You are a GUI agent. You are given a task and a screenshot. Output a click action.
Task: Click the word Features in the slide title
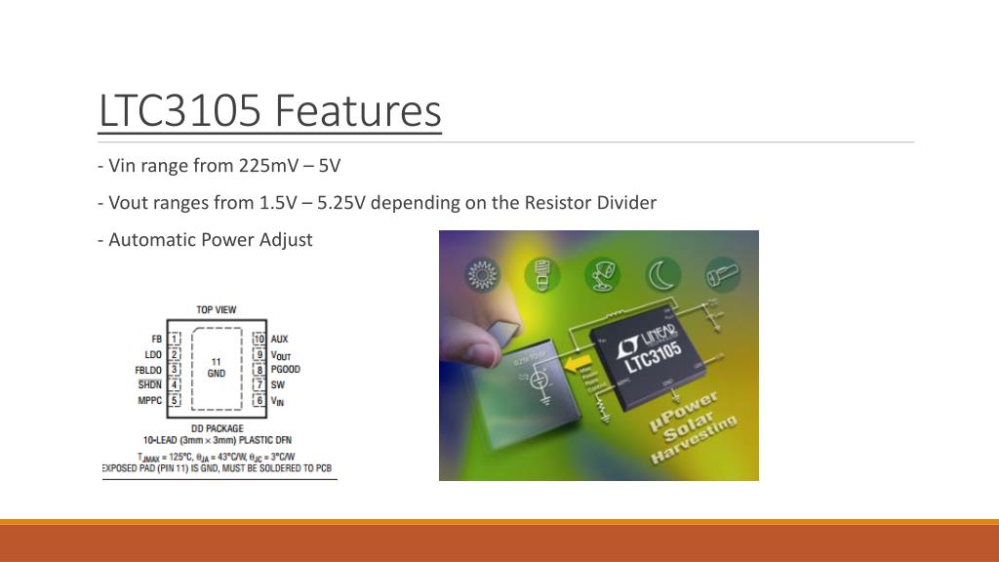tap(357, 110)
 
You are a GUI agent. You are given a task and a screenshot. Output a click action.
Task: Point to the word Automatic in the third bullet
tap(151, 239)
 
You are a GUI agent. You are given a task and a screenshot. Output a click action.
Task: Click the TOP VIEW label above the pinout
tap(216, 309)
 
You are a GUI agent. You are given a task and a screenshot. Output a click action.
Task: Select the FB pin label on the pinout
tap(156, 339)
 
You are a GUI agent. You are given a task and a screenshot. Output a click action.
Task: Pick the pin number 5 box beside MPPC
tap(175, 400)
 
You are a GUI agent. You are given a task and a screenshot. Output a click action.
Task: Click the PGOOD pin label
tap(285, 370)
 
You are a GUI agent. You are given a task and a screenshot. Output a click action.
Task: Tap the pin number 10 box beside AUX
tap(259, 339)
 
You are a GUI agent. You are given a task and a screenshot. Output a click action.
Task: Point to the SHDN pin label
tap(149, 384)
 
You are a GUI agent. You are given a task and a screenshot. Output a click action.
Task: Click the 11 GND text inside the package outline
tap(217, 367)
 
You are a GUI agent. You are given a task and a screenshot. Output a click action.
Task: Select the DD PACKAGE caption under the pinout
tap(217, 428)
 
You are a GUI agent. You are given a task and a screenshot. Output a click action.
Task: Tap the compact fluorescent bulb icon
tap(541, 274)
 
